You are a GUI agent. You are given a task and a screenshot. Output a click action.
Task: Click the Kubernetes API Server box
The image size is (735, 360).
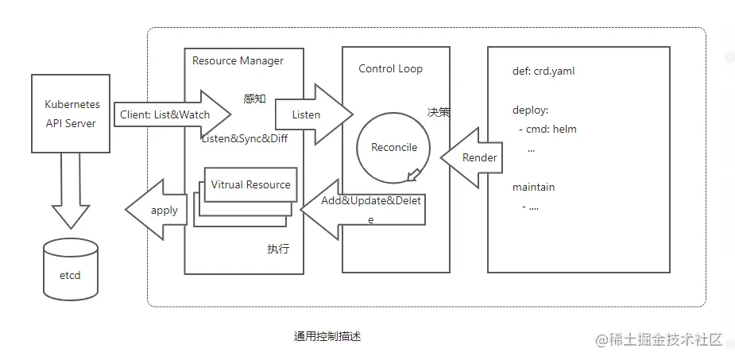[71, 113]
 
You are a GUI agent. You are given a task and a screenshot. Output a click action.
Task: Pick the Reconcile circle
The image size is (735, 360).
[394, 147]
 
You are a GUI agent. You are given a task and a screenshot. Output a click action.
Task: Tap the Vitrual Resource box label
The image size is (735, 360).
[250, 184]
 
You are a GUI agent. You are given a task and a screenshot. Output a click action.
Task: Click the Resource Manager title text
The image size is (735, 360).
[238, 60]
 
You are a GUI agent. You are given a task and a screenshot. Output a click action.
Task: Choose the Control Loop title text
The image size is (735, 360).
[390, 68]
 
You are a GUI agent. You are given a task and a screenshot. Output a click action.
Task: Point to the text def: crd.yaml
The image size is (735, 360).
[544, 71]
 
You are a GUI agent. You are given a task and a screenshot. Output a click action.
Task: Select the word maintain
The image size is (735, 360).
[534, 187]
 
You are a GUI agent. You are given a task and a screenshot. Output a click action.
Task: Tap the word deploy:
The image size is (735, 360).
[531, 110]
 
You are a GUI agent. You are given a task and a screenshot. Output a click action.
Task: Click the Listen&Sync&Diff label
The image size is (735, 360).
[244, 138]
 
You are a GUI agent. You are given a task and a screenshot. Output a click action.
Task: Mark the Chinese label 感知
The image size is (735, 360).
[254, 99]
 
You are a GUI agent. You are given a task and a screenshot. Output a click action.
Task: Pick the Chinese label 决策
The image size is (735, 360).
[439, 112]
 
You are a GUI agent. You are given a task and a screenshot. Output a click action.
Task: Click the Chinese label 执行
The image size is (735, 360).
[278, 249]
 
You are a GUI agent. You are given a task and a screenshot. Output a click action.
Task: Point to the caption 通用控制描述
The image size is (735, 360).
[327, 336]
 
